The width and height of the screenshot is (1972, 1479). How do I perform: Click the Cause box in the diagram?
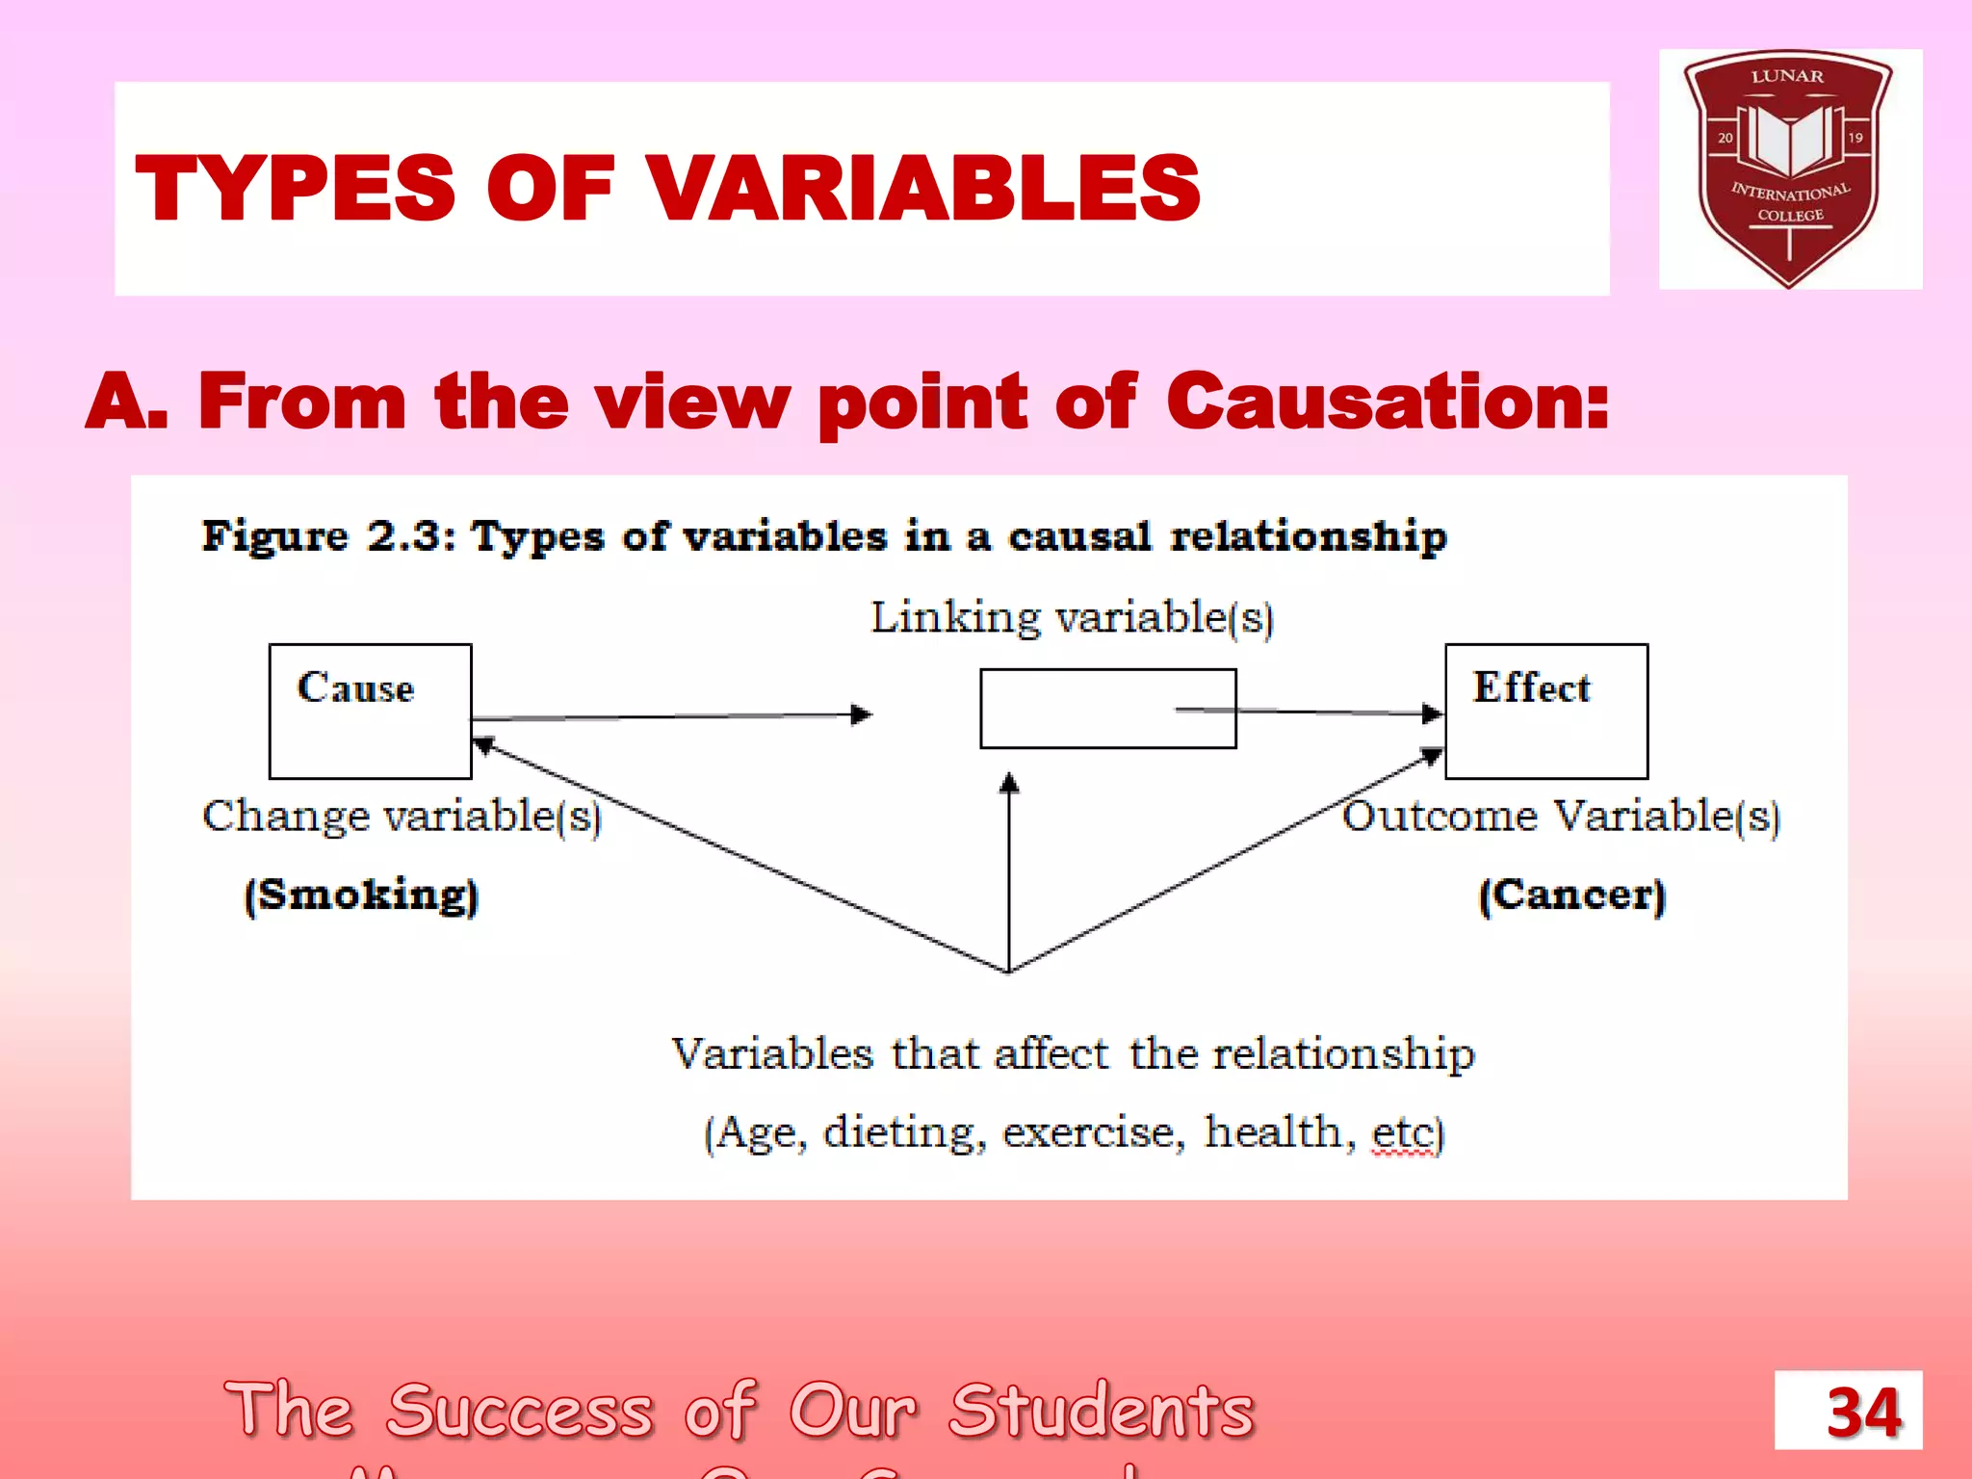coord(370,711)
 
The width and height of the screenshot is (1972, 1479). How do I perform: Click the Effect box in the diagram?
coord(1545,711)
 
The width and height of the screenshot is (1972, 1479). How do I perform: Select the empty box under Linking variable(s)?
coord(1107,709)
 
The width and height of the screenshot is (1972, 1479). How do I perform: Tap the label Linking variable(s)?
coord(1072,617)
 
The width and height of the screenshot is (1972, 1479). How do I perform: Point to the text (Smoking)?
coord(361,895)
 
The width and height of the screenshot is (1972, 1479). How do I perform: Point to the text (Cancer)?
coord(1571,895)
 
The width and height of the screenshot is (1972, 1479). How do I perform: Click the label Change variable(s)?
coord(402,817)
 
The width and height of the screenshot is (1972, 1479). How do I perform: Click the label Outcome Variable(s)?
coord(1561,817)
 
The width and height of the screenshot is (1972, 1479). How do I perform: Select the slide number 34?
coord(1863,1413)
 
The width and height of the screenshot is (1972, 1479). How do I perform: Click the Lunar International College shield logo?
coord(1789,169)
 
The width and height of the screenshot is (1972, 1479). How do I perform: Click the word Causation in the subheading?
coord(1387,402)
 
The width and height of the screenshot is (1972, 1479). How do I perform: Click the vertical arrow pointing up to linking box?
coord(1008,867)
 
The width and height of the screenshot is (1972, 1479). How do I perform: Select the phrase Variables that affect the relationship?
coord(1072,1053)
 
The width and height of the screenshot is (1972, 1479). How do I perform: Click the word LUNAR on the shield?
coord(1787,76)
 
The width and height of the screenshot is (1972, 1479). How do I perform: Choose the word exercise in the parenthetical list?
coord(1093,1132)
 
